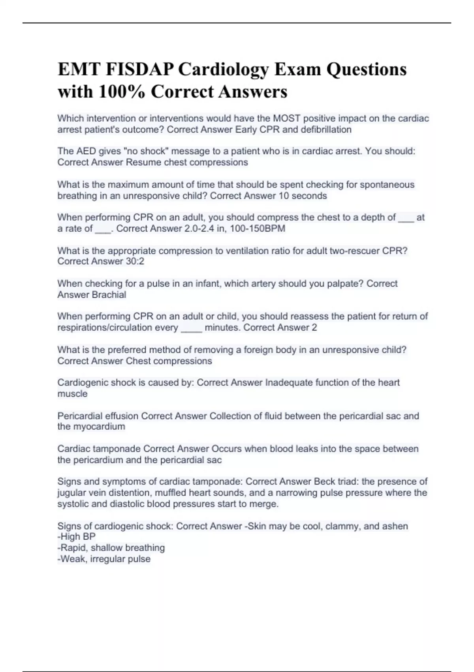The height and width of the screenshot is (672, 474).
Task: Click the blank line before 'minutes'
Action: coord(191,328)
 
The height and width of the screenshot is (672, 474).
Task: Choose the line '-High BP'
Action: coord(77,536)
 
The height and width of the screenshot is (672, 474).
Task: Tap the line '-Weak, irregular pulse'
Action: coord(104,559)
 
